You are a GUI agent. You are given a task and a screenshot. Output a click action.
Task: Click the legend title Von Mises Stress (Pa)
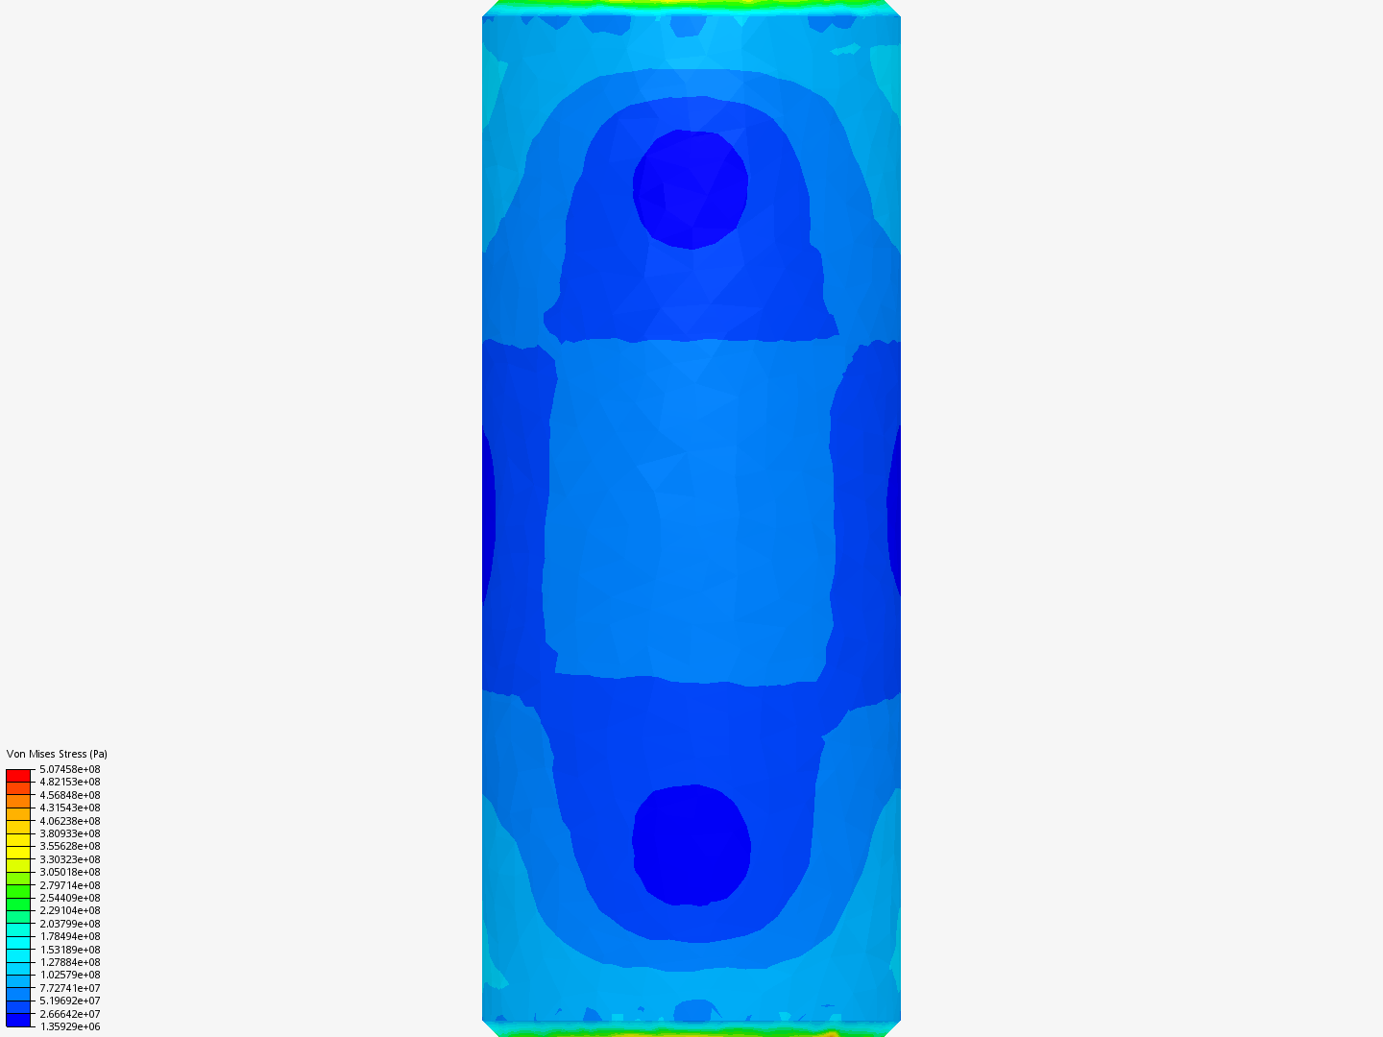pyautogui.click(x=57, y=754)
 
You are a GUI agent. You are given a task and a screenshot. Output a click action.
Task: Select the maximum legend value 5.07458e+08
pyautogui.click(x=69, y=769)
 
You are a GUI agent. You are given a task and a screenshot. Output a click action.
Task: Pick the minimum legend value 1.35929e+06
pyautogui.click(x=69, y=1026)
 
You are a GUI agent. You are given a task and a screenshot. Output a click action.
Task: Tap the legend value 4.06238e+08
pyautogui.click(x=69, y=821)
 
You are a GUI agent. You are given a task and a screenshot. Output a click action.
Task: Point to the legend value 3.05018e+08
pyautogui.click(x=69, y=872)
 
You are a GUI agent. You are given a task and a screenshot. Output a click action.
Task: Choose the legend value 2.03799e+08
pyautogui.click(x=69, y=924)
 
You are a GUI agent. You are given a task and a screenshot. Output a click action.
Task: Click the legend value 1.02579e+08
pyautogui.click(x=69, y=975)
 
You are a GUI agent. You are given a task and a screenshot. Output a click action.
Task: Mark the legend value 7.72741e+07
pyautogui.click(x=69, y=988)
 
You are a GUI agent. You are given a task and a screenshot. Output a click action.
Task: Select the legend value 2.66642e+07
pyautogui.click(x=69, y=1014)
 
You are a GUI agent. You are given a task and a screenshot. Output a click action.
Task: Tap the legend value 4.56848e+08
pyautogui.click(x=69, y=795)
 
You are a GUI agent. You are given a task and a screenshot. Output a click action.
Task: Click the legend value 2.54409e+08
pyautogui.click(x=69, y=898)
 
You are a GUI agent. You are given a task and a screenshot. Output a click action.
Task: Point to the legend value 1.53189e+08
pyautogui.click(x=69, y=950)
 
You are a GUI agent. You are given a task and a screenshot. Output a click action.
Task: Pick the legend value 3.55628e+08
pyautogui.click(x=69, y=846)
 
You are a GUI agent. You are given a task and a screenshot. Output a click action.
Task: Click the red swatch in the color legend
pyautogui.click(x=18, y=775)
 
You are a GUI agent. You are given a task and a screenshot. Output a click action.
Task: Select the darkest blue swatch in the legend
pyautogui.click(x=18, y=1020)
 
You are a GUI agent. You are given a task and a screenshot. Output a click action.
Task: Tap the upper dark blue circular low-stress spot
pyautogui.click(x=690, y=189)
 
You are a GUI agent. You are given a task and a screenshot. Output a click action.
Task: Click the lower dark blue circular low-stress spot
pyautogui.click(x=691, y=845)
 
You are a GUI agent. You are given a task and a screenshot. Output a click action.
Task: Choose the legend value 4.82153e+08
pyautogui.click(x=69, y=782)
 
